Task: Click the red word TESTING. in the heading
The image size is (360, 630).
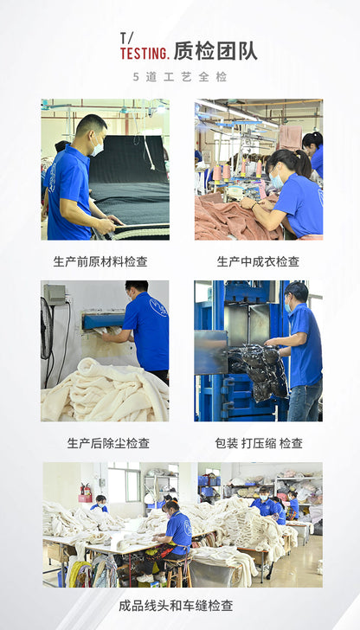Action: [x=145, y=54]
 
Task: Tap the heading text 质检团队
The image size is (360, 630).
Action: [x=215, y=52]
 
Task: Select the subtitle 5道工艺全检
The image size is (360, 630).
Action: [x=180, y=77]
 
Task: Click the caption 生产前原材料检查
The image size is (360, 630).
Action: [x=100, y=262]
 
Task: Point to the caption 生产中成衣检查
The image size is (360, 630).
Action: [x=259, y=262]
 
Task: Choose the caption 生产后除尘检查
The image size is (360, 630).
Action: [x=108, y=443]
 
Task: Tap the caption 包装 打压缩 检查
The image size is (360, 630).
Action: [x=259, y=443]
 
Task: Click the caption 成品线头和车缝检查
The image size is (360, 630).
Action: [x=176, y=606]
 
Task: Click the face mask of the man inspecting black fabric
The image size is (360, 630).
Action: [x=97, y=148]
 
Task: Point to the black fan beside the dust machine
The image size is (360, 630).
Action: [x=47, y=329]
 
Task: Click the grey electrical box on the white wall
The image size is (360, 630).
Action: [x=55, y=294]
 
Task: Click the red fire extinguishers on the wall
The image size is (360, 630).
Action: [x=86, y=490]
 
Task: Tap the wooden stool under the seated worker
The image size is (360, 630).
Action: [x=177, y=572]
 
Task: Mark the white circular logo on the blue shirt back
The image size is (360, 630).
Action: [x=158, y=308]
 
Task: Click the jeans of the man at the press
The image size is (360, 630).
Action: [x=305, y=400]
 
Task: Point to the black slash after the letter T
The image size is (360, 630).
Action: [x=129, y=38]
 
